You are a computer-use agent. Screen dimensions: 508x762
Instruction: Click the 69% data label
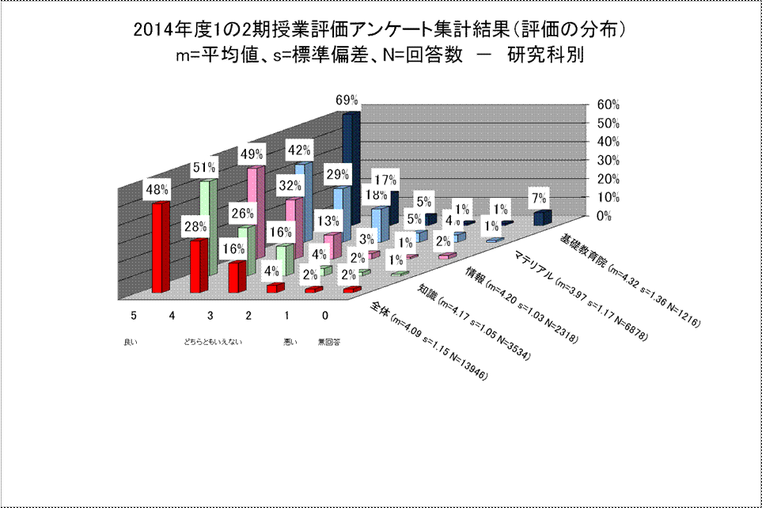347,100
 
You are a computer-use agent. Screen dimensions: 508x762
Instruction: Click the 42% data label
299,150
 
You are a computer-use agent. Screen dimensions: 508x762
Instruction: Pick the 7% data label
540,198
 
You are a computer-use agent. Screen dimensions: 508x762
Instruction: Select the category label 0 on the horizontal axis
325,315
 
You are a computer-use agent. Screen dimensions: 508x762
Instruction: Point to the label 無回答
329,342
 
